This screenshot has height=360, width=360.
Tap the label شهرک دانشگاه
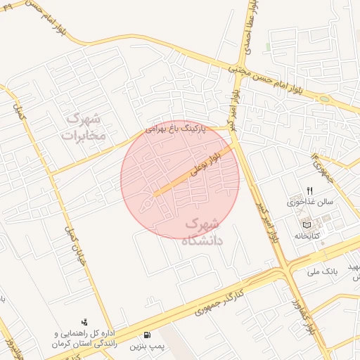pyautogui.click(x=202, y=232)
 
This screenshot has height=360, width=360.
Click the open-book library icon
pyautogui.click(x=307, y=224)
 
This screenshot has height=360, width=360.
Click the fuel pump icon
pyautogui.click(x=147, y=335)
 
